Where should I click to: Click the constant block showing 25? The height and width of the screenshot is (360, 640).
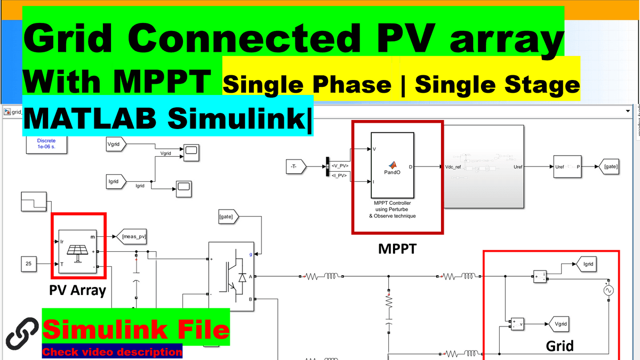click(x=29, y=263)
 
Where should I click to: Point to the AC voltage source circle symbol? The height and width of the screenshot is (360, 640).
click(x=606, y=291)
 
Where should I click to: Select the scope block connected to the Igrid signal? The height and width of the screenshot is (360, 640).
click(x=183, y=186)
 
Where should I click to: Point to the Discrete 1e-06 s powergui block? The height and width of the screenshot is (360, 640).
click(x=46, y=143)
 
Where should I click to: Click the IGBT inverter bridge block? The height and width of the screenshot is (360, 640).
click(x=231, y=276)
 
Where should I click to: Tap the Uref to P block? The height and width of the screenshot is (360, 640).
click(x=567, y=167)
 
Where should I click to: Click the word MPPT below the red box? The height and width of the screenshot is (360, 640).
click(x=397, y=249)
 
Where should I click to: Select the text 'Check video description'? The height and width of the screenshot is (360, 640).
click(x=112, y=352)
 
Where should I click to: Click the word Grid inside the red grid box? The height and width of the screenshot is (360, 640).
click(x=559, y=346)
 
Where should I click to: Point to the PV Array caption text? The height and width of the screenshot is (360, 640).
click(x=77, y=291)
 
